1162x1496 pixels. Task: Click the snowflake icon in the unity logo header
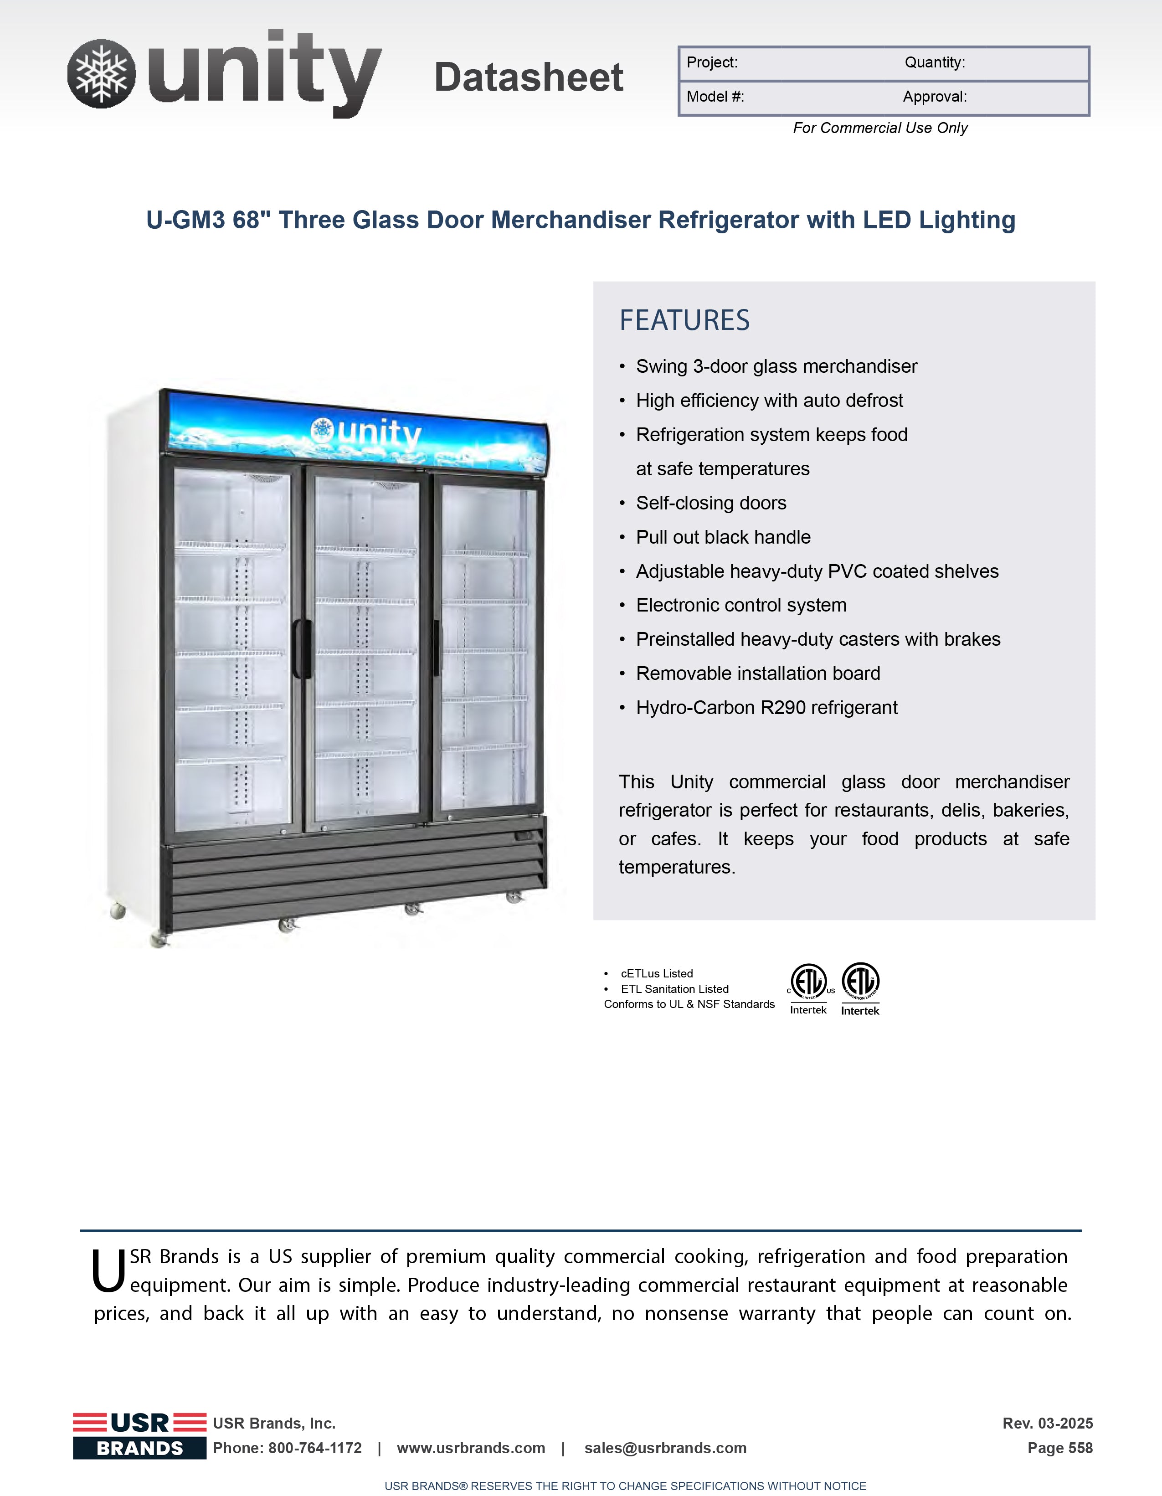[102, 73]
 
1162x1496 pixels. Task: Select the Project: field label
[712, 62]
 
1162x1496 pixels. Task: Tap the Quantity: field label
[935, 62]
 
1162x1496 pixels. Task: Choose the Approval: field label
[935, 97]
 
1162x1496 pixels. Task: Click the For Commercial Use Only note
[880, 128]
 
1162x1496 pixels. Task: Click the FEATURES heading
[684, 320]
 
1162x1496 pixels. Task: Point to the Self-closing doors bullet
[710, 503]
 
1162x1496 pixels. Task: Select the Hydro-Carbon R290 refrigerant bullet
[766, 708]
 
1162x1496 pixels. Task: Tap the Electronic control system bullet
[740, 605]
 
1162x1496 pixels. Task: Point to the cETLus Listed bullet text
[656, 973]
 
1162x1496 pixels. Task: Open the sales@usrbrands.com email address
[665, 1448]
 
